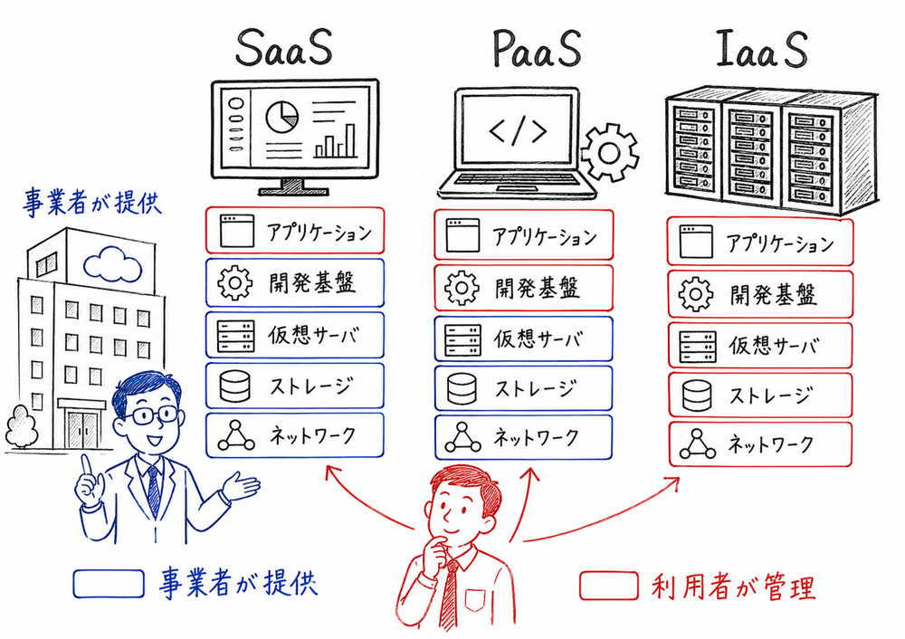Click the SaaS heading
283,50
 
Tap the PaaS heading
536,50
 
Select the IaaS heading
761,52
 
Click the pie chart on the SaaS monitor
282,115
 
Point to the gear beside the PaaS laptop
608,150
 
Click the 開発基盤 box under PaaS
523,288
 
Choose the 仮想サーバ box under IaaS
760,345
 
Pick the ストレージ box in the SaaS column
295,386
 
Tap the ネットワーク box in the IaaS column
760,443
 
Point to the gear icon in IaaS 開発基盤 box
697,294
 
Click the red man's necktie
450,593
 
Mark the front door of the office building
81,426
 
